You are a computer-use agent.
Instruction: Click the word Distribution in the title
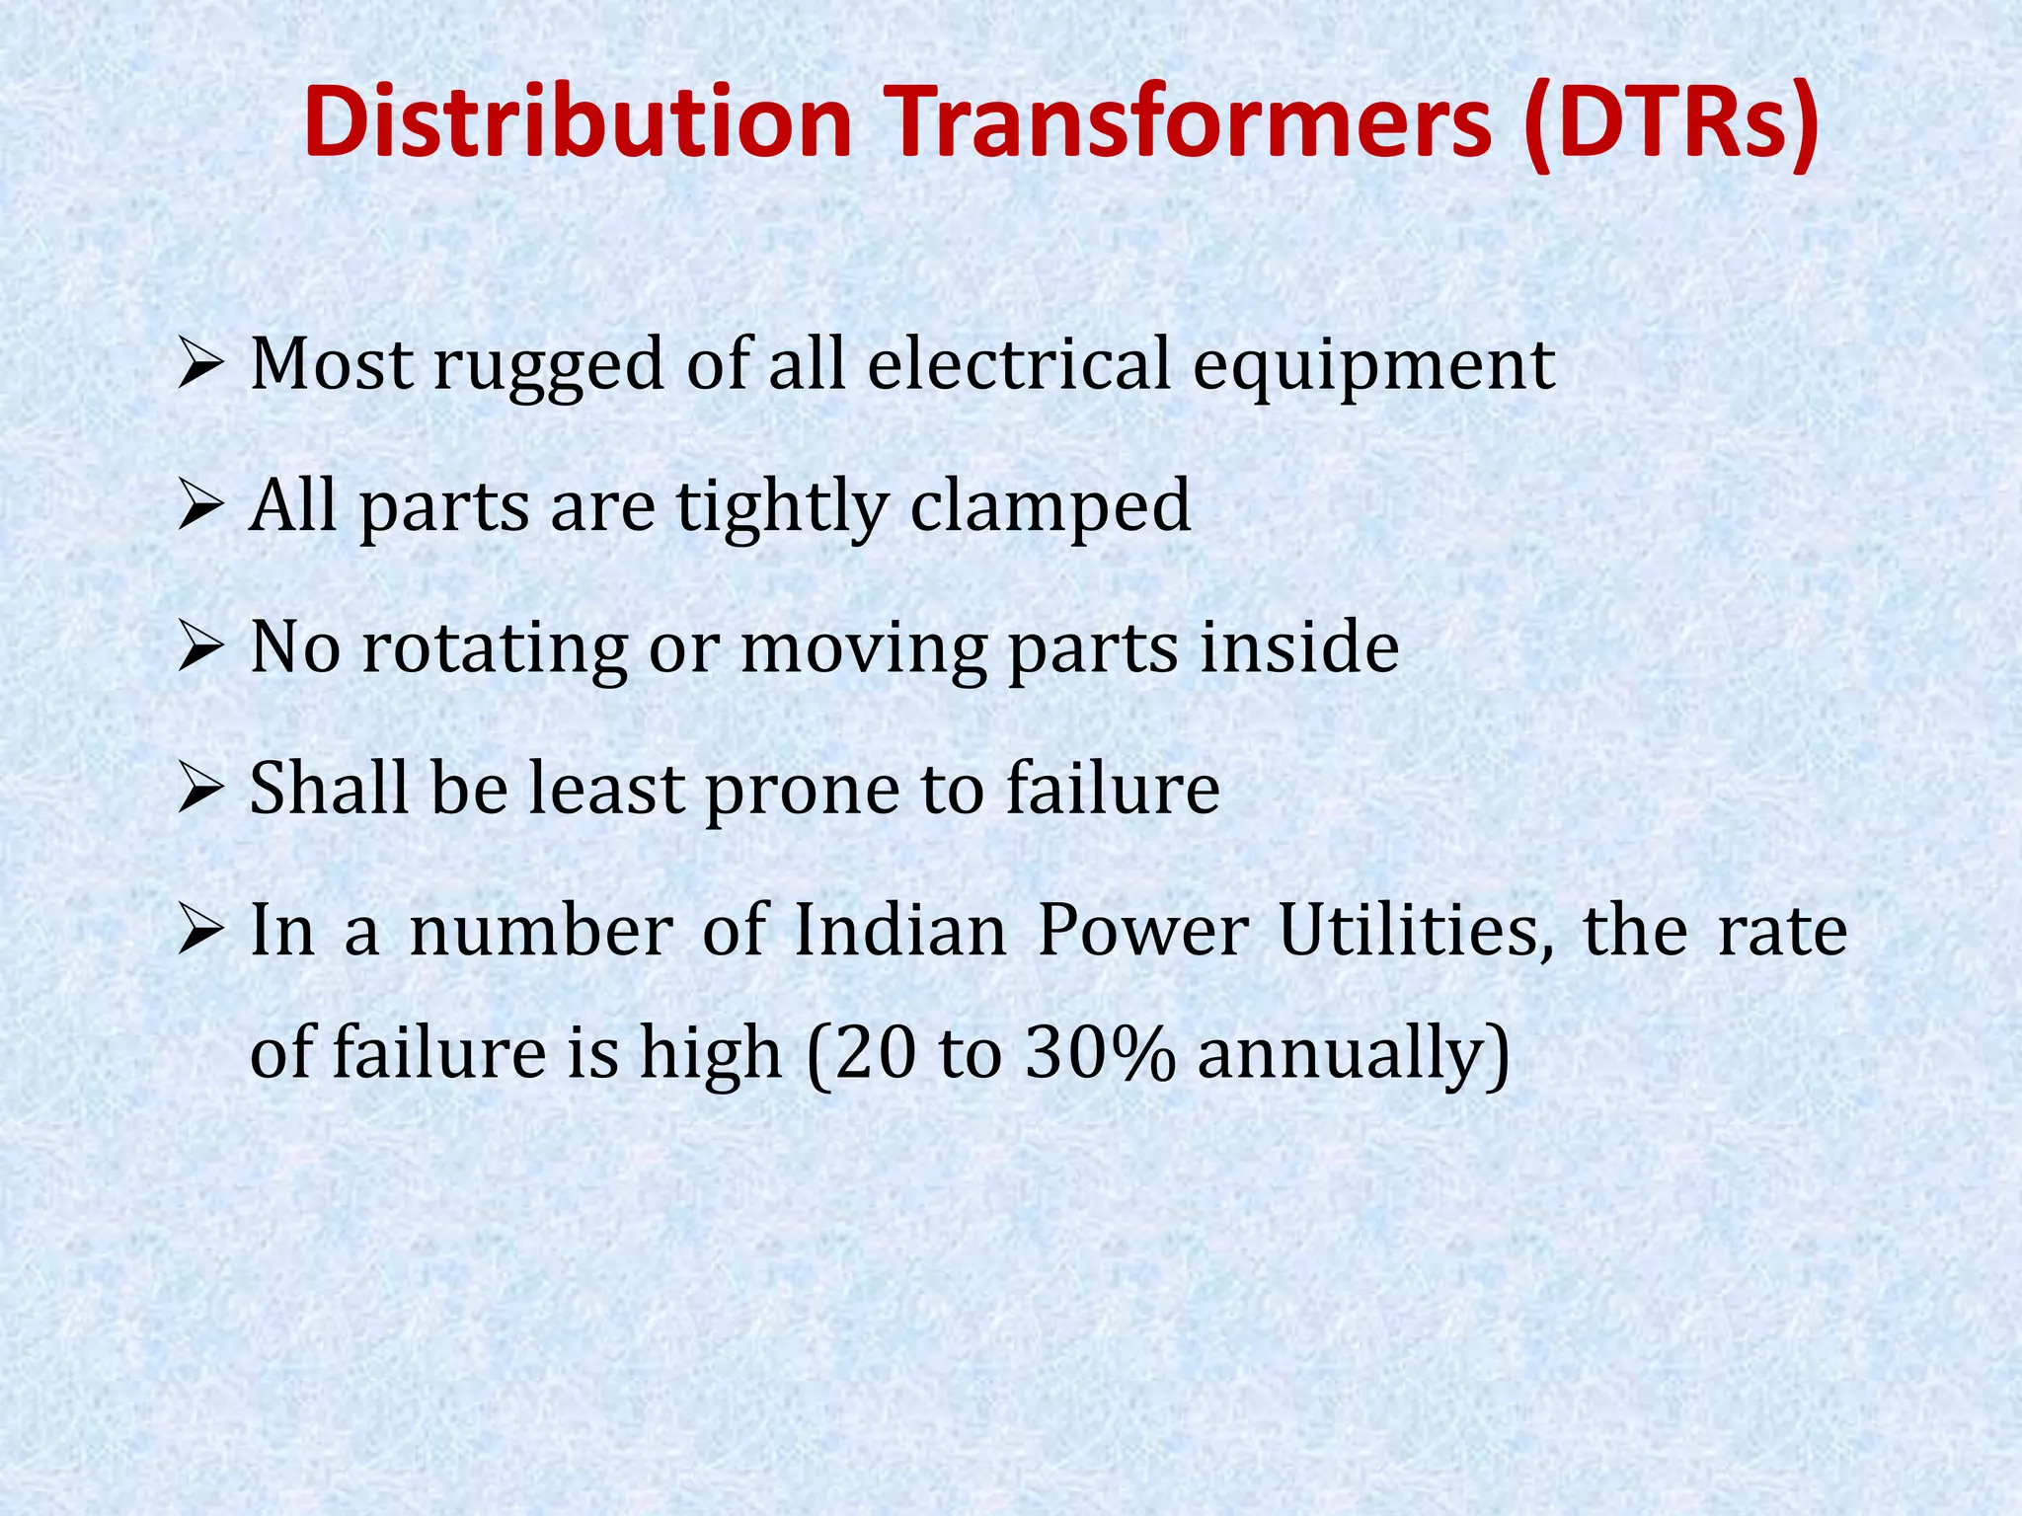[578, 123]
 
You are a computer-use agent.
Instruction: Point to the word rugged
[549, 368]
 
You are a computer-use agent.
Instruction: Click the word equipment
[1373, 368]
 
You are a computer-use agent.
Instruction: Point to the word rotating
[495, 651]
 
